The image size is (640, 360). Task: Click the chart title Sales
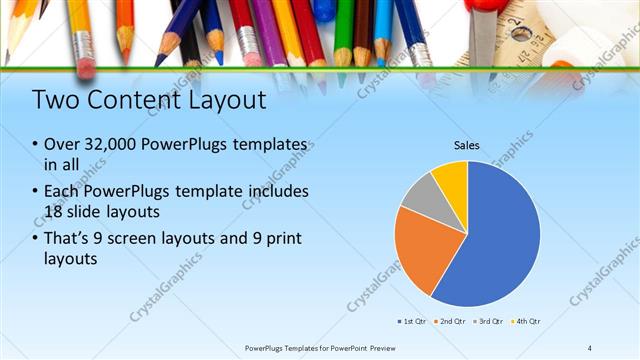467,146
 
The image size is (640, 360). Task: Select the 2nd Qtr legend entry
450,321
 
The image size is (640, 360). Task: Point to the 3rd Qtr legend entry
489,321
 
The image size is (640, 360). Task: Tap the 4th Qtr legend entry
527,321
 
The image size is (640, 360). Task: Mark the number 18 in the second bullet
56,210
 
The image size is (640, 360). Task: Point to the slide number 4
589,347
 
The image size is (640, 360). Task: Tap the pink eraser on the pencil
86,67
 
